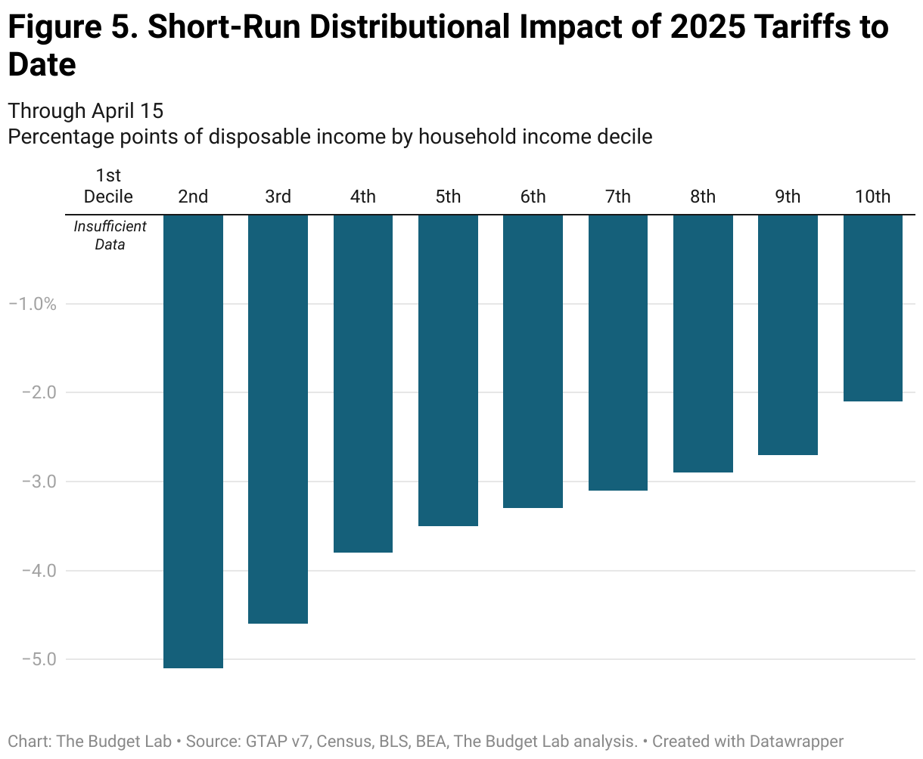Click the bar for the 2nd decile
[x=193, y=441]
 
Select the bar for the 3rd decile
[x=278, y=419]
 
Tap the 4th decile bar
[x=363, y=383]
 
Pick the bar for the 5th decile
[x=448, y=370]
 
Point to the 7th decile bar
[x=618, y=352]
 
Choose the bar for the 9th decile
[x=788, y=335]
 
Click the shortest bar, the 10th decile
[x=873, y=308]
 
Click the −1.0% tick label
[x=32, y=304]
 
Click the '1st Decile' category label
[x=108, y=187]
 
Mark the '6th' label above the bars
[x=533, y=197]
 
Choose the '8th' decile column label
[x=703, y=197]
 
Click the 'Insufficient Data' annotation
[x=110, y=235]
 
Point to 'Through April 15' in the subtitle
[x=85, y=111]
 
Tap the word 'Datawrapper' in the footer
[x=796, y=741]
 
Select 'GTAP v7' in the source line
[x=277, y=741]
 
